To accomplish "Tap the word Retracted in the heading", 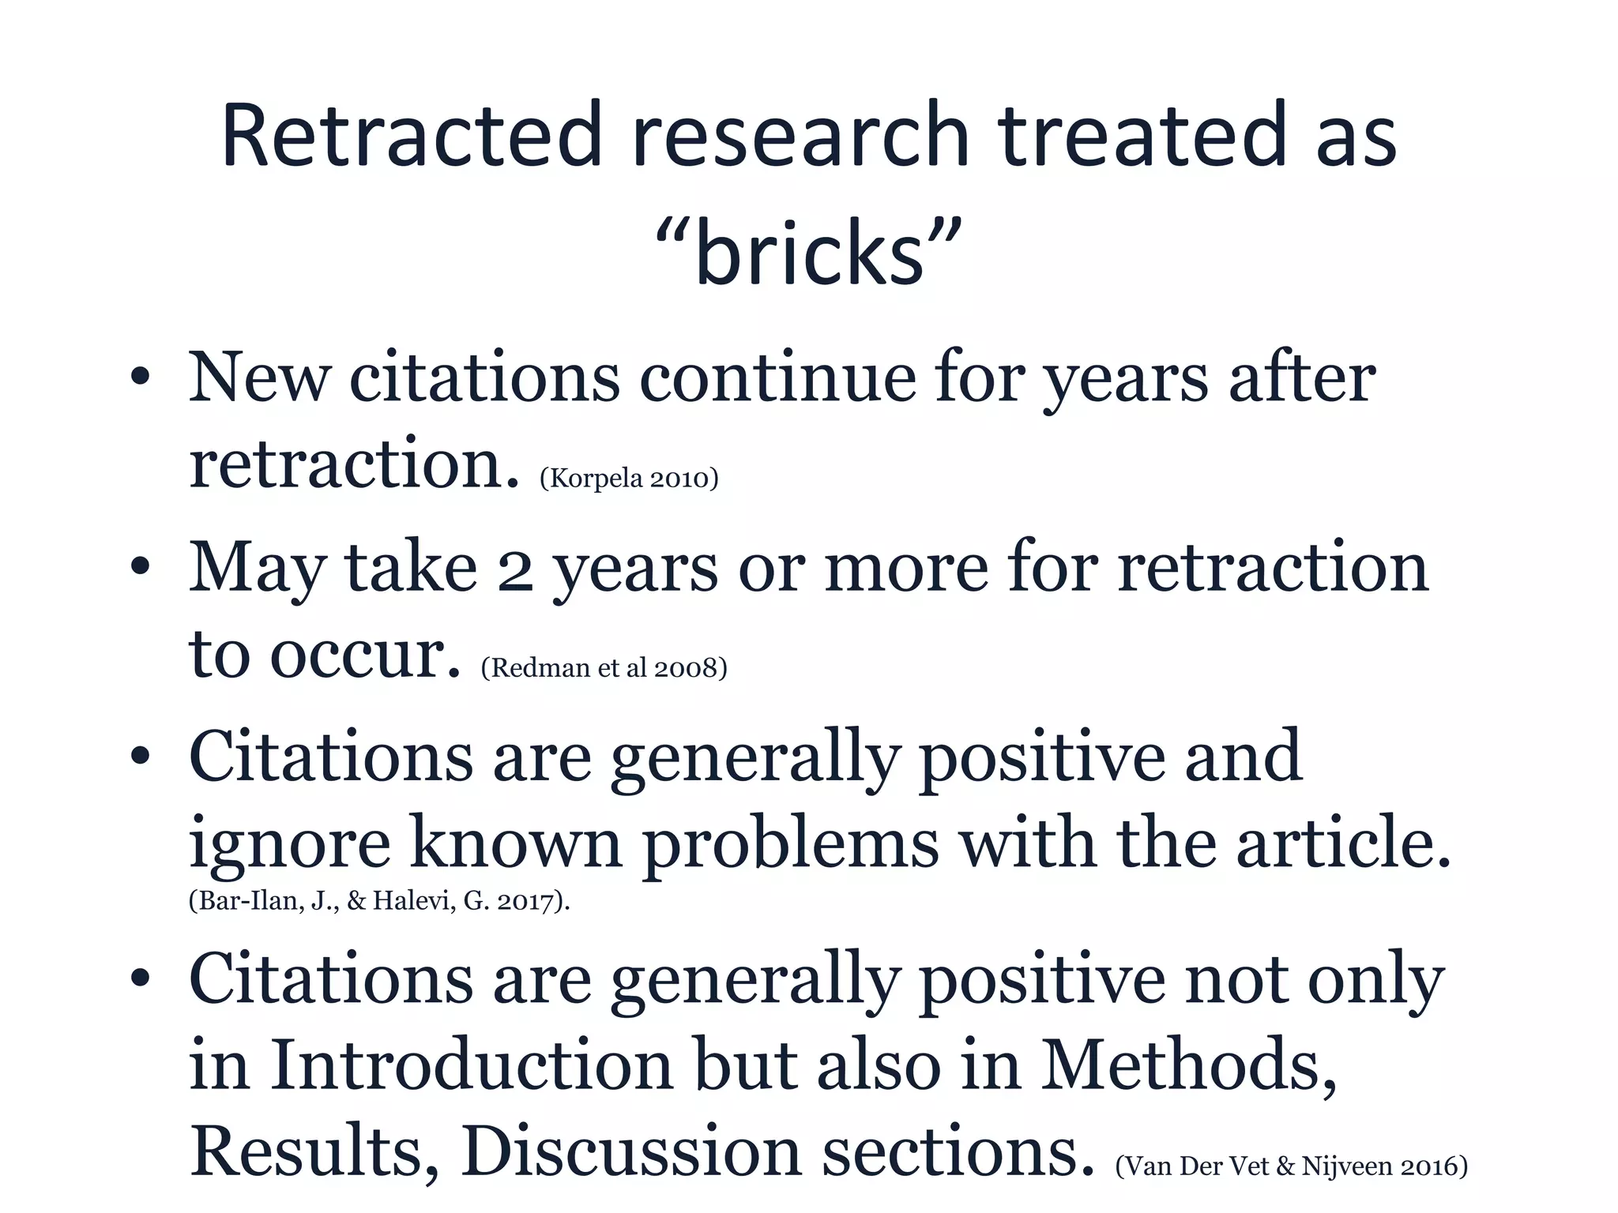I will coord(412,136).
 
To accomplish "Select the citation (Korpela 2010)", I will coord(629,478).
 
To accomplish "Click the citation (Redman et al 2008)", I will coord(604,668).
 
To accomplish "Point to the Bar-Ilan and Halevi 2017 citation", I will coord(379,900).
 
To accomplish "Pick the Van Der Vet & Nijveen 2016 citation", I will coord(1291,1166).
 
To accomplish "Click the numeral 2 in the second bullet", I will coord(514,570).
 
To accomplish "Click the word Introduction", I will coord(472,1066).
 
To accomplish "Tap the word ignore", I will coord(289,845).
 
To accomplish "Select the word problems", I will coord(790,845).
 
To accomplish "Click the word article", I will coord(1343,843).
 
